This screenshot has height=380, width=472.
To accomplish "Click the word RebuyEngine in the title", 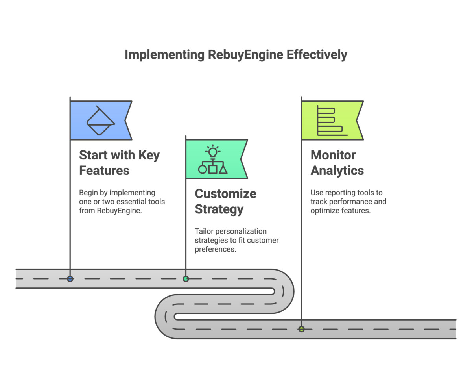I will pyautogui.click(x=244, y=55).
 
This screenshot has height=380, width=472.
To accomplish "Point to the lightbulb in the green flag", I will pyautogui.click(x=213, y=152).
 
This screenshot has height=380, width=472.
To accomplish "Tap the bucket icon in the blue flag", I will pyautogui.click(x=100, y=121).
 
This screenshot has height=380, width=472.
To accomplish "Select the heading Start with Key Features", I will pyautogui.click(x=119, y=162).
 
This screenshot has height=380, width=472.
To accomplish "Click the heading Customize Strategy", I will pyautogui.click(x=225, y=201).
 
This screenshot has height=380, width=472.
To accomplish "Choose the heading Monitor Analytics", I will pyautogui.click(x=337, y=162).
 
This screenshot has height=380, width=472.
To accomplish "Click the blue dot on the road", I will pyautogui.click(x=70, y=279).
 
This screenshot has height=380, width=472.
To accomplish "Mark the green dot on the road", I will pyautogui.click(x=186, y=279).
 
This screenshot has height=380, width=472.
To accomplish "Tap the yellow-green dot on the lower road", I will pyautogui.click(x=301, y=329).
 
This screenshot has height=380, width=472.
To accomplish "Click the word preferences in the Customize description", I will pyautogui.click(x=216, y=249).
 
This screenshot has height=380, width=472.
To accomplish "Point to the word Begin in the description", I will pyautogui.click(x=88, y=193).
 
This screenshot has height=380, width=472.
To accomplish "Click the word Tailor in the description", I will pyautogui.click(x=204, y=231).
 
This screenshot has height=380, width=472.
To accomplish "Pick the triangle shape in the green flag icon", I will pyautogui.click(x=223, y=169).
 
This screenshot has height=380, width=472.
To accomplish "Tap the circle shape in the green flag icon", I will pyautogui.click(x=202, y=169).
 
